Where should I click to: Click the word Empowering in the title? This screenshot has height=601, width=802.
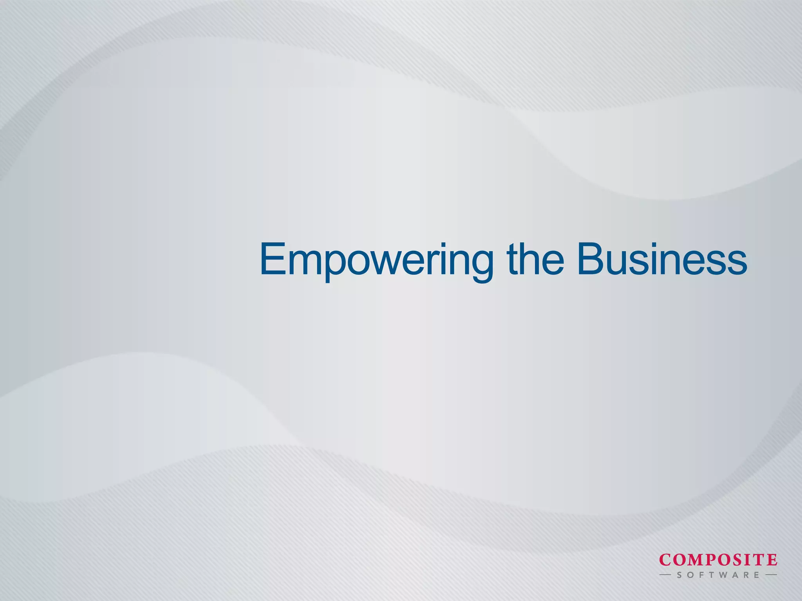(376, 260)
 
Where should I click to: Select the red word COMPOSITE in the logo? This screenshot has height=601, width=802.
(718, 560)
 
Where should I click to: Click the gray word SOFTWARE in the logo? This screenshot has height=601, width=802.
(718, 575)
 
